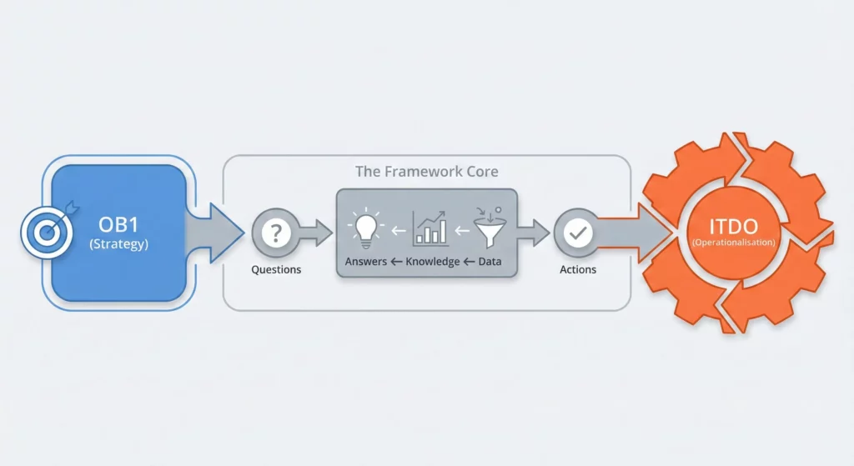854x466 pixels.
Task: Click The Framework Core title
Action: click(426, 172)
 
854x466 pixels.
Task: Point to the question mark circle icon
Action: click(275, 233)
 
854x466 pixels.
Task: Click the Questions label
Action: click(276, 270)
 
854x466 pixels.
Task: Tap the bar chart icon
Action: click(430, 228)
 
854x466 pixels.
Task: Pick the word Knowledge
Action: click(433, 262)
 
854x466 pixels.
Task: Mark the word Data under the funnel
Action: click(492, 262)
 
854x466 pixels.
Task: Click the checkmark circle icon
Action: click(577, 234)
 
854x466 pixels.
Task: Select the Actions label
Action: click(577, 270)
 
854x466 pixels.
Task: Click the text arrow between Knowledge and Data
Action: click(469, 262)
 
